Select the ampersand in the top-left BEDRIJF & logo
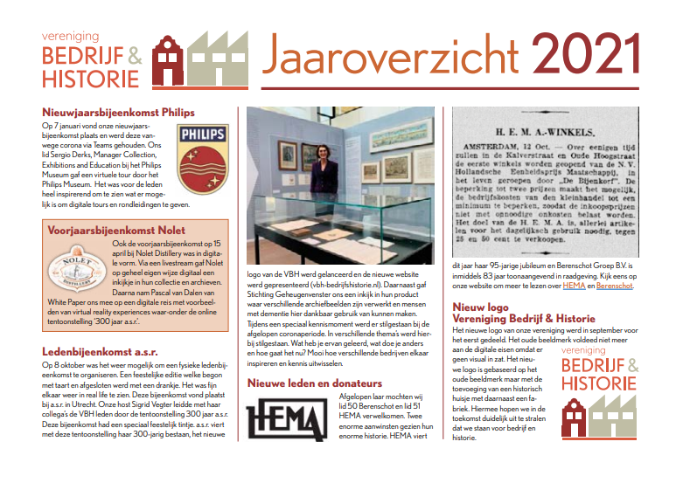point(134,55)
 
